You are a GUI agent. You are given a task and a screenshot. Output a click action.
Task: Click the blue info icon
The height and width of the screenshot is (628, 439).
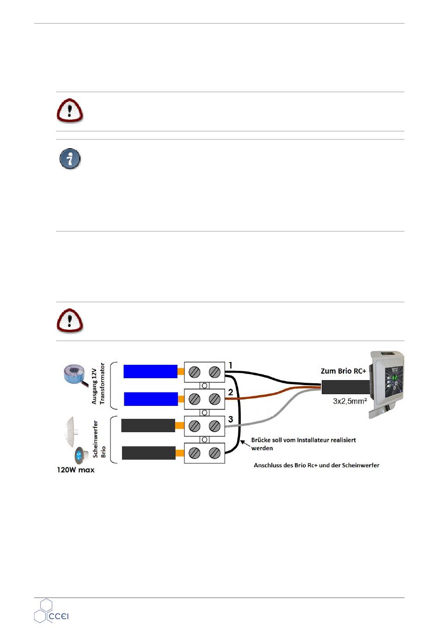(70, 159)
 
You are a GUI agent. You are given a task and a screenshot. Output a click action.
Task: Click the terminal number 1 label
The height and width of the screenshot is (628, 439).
(230, 366)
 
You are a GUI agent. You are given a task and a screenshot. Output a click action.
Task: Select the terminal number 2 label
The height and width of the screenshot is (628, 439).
(231, 392)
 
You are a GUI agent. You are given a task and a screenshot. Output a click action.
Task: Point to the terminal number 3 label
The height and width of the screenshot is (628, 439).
(231, 419)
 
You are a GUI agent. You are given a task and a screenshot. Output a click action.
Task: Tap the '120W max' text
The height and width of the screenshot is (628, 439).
(76, 470)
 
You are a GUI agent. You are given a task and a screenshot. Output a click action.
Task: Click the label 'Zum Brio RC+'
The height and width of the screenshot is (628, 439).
(343, 371)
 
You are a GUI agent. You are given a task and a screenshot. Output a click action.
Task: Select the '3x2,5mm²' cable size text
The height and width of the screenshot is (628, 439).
(350, 401)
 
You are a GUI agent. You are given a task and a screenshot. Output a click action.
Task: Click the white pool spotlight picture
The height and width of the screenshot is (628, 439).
(73, 429)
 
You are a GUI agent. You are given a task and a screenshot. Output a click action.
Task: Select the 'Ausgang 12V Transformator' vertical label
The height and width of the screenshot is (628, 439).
(98, 384)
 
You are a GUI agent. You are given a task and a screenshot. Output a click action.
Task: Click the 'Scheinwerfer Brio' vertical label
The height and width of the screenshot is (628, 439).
(99, 439)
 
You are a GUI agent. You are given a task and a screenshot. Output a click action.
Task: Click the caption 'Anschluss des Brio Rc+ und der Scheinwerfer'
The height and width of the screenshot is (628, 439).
(317, 465)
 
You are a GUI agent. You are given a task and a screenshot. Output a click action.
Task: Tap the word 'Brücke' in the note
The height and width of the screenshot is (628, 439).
(261, 440)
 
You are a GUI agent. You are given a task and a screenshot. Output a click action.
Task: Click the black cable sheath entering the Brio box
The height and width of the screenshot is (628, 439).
(346, 387)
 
